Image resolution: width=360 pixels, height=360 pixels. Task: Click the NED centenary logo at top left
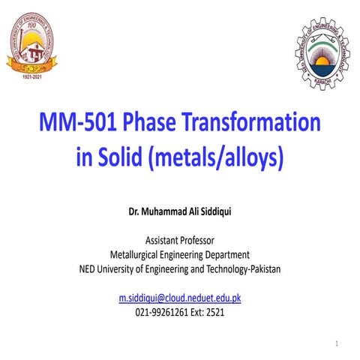[x=34, y=46]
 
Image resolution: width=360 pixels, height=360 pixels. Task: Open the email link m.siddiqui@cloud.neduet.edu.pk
[x=180, y=298]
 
